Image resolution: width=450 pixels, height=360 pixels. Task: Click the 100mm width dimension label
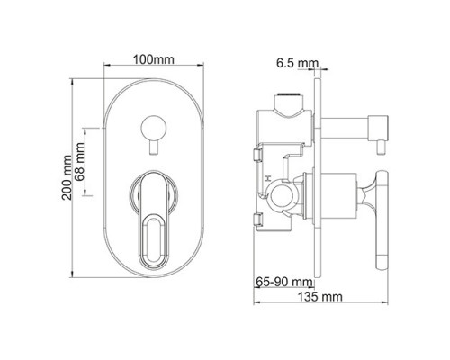[154, 59]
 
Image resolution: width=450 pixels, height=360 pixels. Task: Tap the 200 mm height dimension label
[67, 177]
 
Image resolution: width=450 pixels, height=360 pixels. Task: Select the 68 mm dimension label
[80, 162]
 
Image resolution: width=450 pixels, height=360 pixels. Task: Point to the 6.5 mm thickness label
[297, 63]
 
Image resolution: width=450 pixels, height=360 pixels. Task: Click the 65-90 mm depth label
[283, 282]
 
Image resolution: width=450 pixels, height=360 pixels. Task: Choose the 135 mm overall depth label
[319, 297]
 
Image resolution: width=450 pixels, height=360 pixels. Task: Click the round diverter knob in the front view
[153, 128]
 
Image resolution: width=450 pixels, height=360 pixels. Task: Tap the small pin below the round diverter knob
[154, 148]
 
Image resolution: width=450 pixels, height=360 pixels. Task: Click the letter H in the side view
[267, 179]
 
